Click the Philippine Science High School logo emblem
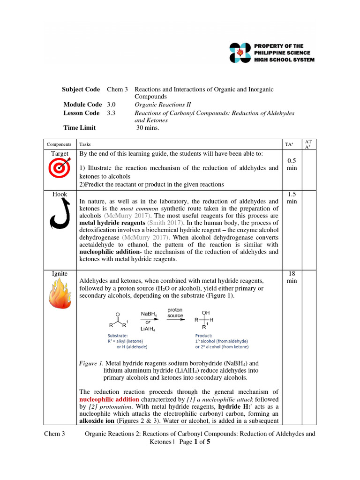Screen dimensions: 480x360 tap(240, 52)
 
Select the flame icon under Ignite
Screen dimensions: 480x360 tap(60, 294)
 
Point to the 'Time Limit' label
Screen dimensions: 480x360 tap(80, 127)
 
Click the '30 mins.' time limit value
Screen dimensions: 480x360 tap(148, 127)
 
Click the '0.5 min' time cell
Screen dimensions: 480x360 tap(292, 164)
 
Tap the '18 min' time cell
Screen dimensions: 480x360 tap(292, 277)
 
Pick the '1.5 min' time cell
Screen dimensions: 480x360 tap(292, 197)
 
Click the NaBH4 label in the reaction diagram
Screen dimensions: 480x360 tap(149, 314)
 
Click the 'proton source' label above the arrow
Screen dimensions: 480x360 tap(175, 313)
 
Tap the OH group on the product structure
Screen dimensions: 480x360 tap(206, 312)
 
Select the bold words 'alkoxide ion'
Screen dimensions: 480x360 tap(98, 422)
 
